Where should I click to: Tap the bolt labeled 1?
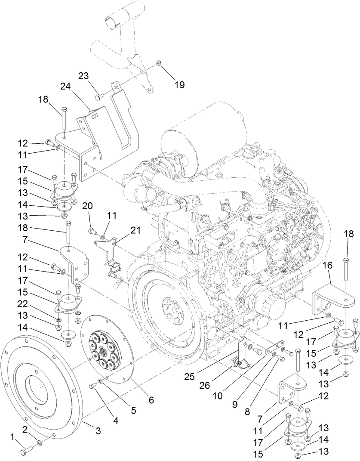pos(25,451)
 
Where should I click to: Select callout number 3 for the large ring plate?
pos(98,431)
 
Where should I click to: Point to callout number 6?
pos(151,399)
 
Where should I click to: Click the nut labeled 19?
pos(158,64)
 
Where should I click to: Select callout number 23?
pos(83,75)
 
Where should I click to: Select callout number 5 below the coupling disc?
pos(134,410)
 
